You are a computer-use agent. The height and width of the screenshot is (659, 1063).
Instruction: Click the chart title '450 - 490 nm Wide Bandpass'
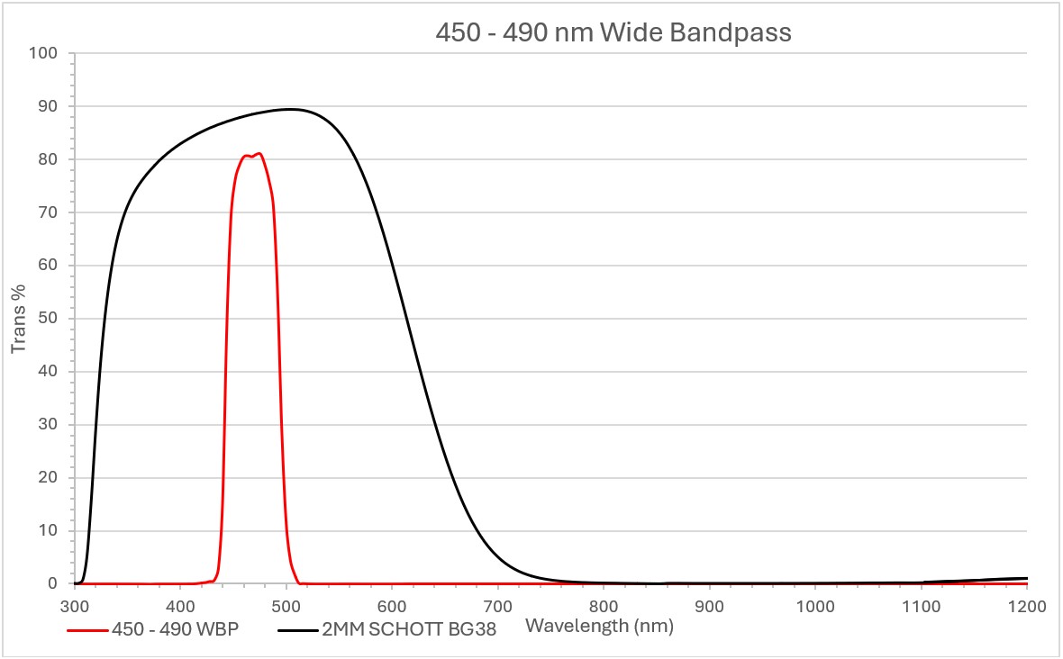click(x=613, y=33)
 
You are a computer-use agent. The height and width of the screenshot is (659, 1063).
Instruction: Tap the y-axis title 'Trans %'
click(x=19, y=318)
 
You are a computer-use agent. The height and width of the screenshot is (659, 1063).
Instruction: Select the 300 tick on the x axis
click(x=75, y=605)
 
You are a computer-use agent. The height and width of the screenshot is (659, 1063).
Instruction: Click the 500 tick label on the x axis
click(x=286, y=605)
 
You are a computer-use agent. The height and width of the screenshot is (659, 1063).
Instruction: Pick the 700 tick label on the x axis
click(x=498, y=605)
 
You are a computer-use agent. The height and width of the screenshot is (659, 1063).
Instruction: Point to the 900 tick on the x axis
click(x=710, y=605)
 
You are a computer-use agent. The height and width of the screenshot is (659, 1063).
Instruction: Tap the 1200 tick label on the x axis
click(x=1027, y=605)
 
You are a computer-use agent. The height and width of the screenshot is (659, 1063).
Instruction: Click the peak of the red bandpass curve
click(x=259, y=154)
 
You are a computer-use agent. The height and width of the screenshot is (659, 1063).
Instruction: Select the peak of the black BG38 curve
click(x=290, y=109)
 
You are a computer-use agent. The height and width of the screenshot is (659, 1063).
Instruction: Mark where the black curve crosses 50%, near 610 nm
click(x=404, y=319)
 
